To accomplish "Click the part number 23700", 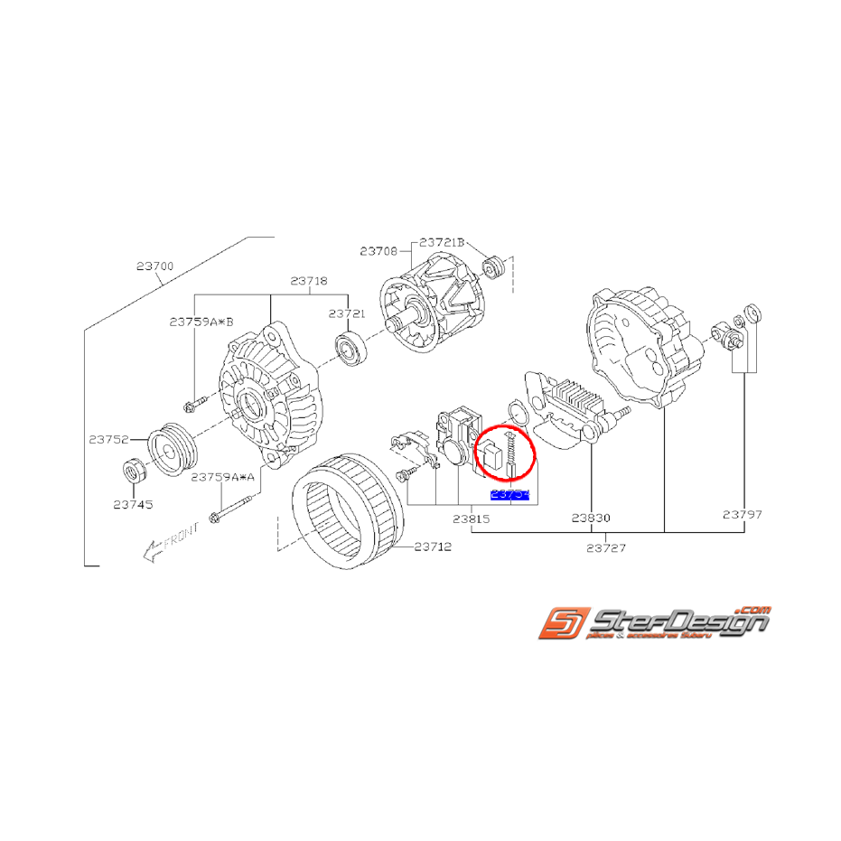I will click(154, 267).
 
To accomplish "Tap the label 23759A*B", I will click(201, 321).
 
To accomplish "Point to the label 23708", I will click(378, 250).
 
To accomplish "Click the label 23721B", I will click(442, 243).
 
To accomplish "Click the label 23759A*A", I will click(223, 479).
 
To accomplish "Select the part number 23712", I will click(433, 547).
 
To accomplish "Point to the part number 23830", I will click(592, 518).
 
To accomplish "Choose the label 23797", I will click(743, 515).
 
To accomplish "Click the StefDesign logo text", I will click(677, 622).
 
